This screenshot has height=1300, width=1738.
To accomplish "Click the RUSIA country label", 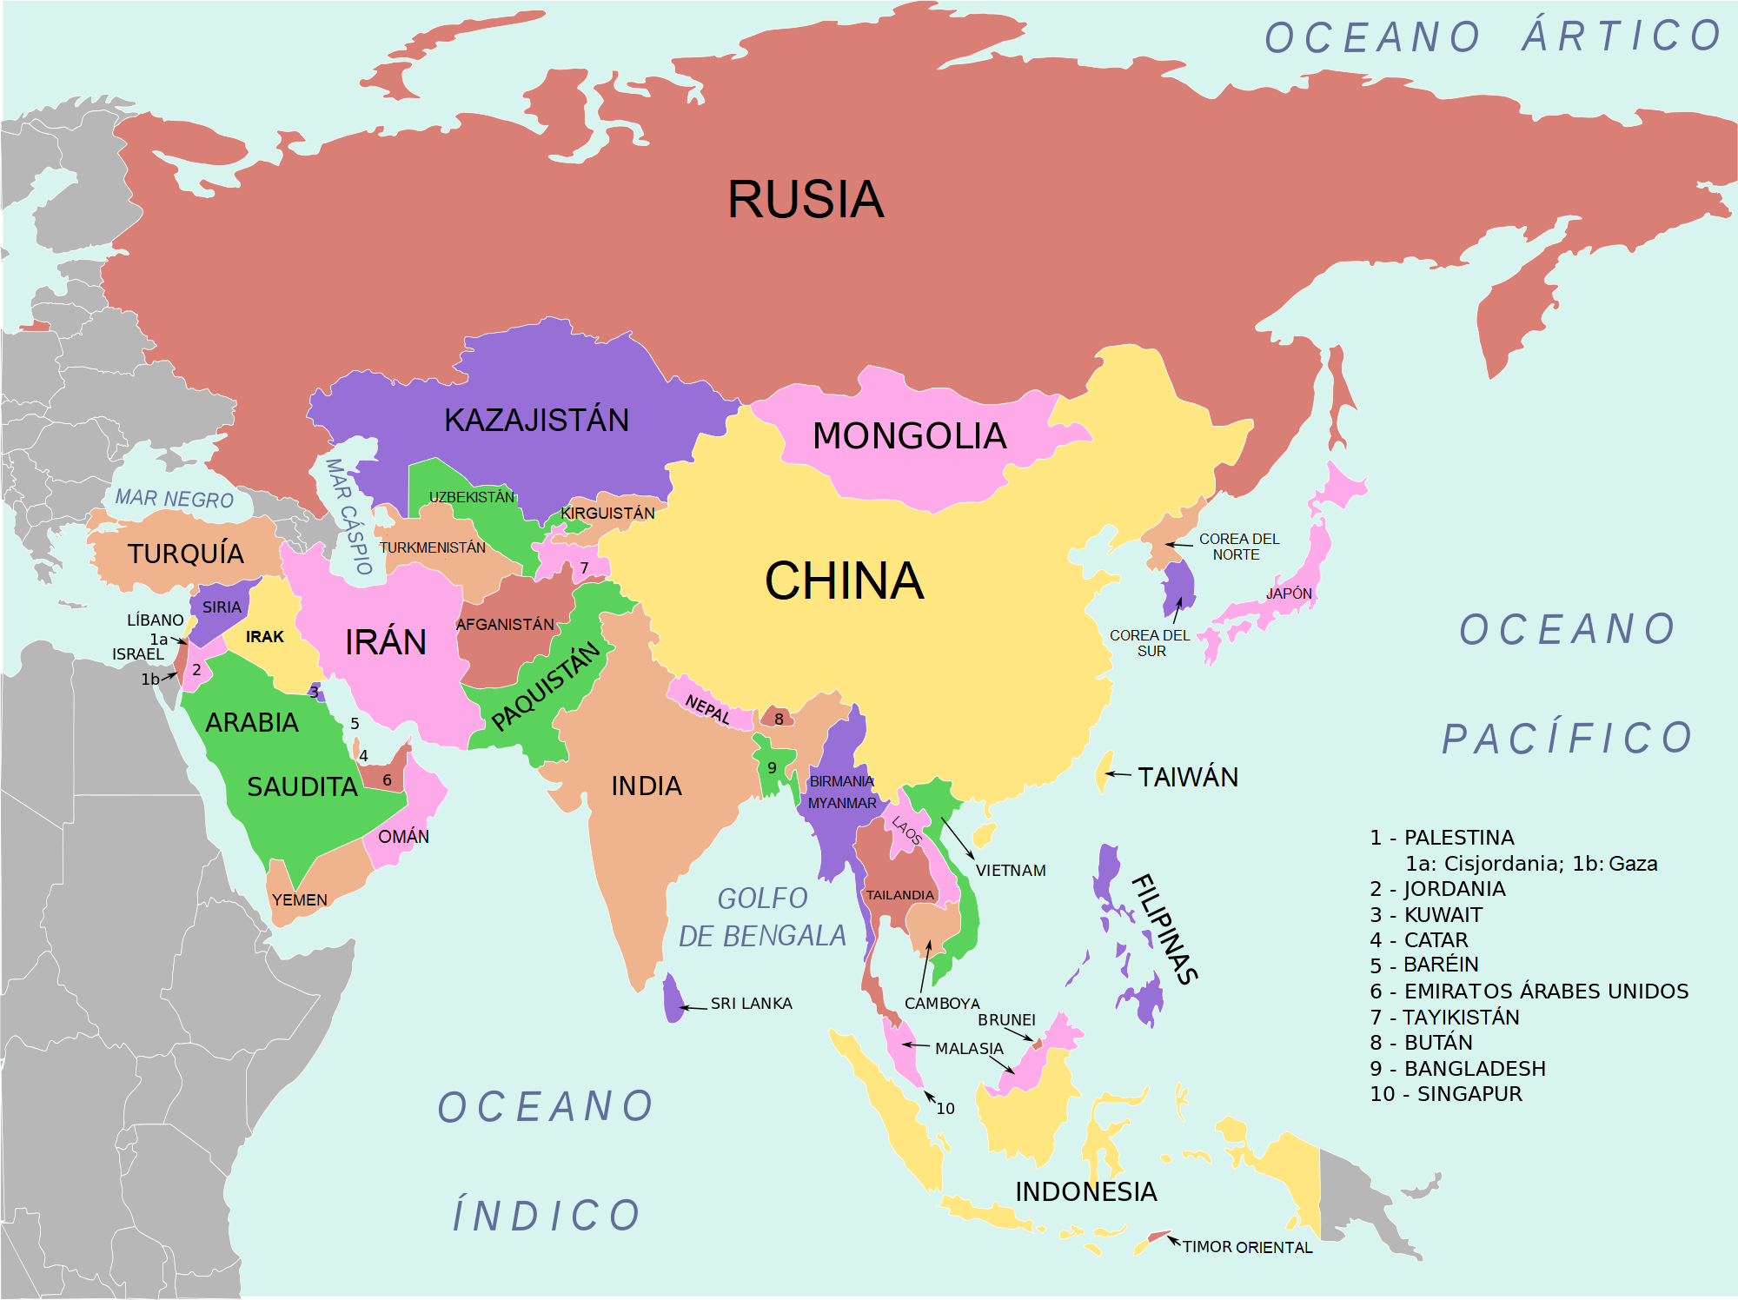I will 806,200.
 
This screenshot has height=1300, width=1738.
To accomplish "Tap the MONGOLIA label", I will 909,436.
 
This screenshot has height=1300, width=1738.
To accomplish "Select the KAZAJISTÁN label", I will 536,421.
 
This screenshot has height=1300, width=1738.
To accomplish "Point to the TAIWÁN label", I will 1188,777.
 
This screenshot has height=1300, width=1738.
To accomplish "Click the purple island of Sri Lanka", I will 673,999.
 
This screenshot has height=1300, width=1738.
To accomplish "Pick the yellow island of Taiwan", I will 1104,770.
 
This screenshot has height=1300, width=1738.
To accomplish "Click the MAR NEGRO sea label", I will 175,499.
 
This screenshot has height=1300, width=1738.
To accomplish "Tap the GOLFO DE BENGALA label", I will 762,917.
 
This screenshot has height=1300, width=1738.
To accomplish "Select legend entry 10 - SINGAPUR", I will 1445,1094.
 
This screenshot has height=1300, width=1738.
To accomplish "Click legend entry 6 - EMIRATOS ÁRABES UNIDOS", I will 1529,992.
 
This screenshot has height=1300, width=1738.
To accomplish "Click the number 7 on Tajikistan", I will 584,568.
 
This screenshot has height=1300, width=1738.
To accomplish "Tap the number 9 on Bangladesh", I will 772,768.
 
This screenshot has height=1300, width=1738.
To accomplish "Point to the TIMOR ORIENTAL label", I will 1247,1247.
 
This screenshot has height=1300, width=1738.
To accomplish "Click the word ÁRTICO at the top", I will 1622,36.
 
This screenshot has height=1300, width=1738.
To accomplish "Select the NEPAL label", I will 707,709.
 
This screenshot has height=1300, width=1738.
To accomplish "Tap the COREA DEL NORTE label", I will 1238,547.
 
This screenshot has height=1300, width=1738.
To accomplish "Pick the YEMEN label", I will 299,900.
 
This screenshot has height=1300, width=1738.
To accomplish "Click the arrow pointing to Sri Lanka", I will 693,1007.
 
